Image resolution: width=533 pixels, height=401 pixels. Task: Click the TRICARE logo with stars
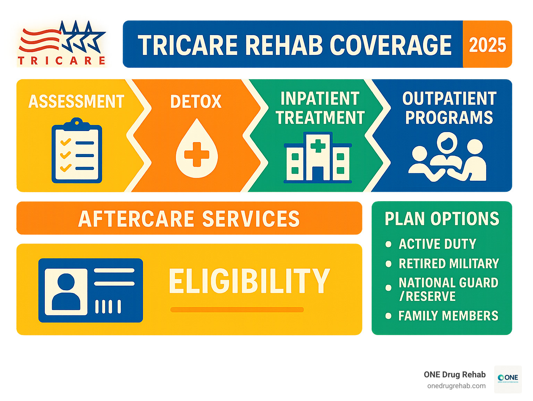(62, 43)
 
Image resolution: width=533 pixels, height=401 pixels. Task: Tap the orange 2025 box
(487, 44)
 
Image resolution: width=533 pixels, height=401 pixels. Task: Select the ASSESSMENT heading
(76, 101)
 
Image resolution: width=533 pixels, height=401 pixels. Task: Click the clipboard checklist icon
(77, 152)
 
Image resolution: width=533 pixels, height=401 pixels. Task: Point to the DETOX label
(196, 101)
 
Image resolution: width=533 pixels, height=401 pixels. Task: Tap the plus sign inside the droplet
(197, 154)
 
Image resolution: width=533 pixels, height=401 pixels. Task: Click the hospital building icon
(318, 158)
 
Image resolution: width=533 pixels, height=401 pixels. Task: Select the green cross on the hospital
(318, 144)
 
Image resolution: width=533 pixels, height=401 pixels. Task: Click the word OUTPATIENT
(449, 99)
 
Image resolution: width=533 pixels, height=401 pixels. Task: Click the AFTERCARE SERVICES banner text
(189, 219)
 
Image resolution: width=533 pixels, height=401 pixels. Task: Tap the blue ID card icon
(91, 290)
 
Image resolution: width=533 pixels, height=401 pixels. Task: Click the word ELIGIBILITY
(249, 281)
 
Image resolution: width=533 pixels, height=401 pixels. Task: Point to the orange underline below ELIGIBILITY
(237, 310)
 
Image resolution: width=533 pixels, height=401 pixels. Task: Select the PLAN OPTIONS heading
(442, 219)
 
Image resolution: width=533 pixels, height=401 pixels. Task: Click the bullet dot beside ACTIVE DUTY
(389, 244)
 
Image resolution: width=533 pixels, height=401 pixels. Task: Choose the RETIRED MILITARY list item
(448, 263)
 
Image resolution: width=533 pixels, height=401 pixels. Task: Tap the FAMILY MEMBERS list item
(448, 316)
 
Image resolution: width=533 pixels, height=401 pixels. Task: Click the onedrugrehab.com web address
(456, 386)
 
